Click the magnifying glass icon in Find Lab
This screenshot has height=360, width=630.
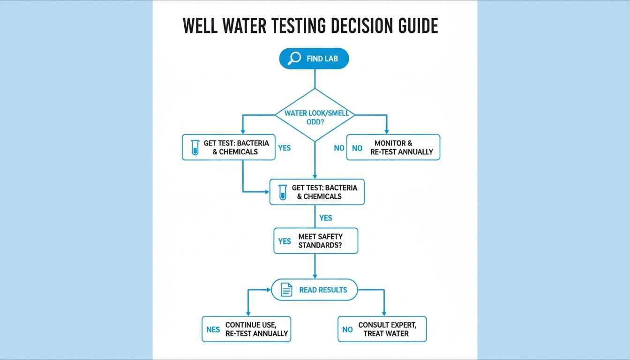294,59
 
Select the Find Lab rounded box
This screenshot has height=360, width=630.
314,59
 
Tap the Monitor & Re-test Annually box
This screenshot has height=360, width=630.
393,147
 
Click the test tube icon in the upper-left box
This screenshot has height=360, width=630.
195,148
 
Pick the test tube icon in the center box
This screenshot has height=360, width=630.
282,192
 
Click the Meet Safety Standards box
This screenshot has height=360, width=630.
315,241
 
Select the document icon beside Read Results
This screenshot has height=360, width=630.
286,290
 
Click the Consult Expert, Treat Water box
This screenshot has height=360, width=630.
382,329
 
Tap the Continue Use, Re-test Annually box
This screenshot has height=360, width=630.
246,329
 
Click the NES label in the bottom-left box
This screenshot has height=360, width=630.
213,330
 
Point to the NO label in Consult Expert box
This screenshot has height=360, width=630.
347,330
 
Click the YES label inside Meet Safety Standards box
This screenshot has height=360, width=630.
285,241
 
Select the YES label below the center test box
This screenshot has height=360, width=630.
325,218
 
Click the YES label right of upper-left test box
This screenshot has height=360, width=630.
284,148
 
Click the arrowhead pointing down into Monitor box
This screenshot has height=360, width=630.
386,131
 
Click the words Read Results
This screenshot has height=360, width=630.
323,290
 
